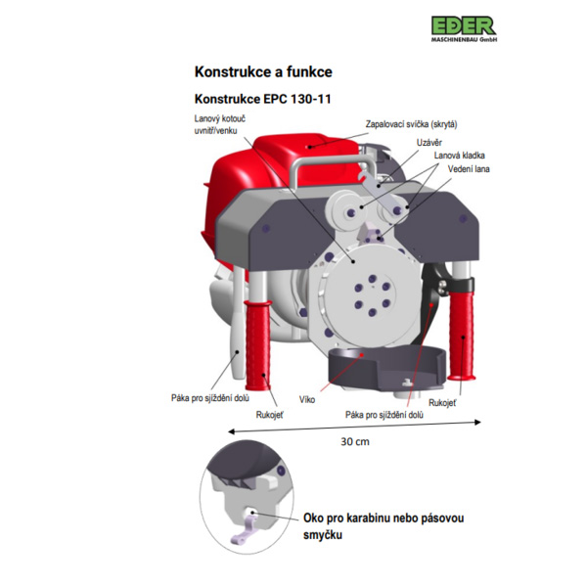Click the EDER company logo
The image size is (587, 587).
[464, 28]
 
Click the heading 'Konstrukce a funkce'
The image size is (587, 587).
[263, 71]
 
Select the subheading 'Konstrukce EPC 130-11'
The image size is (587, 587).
[263, 99]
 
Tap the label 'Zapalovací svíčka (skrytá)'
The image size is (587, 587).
[412, 124]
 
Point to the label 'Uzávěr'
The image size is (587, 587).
[429, 143]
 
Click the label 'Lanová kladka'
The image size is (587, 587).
[460, 156]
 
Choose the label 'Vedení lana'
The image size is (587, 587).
[469, 169]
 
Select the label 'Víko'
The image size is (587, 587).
[307, 399]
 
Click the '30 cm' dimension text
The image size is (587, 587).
[355, 442]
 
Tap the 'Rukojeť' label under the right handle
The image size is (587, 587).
[442, 403]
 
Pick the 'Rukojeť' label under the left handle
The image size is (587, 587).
[270, 415]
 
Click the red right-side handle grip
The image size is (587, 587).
[462, 335]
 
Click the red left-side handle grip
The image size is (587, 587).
[258, 345]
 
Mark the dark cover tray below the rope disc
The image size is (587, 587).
[386, 369]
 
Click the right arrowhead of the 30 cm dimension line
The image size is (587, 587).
[477, 423]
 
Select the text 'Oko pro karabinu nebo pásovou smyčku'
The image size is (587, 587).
[384, 526]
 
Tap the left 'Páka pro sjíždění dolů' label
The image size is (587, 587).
[210, 398]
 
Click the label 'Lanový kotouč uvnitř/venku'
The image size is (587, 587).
[220, 124]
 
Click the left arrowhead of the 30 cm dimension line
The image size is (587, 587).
[231, 431]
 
